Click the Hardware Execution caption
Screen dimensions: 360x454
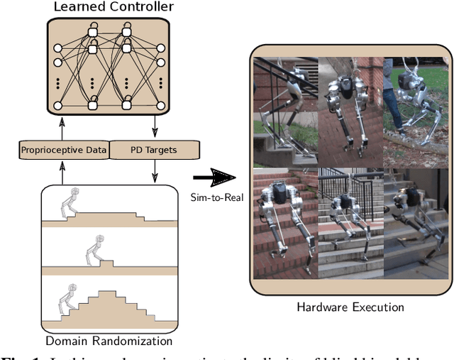pyautogui.click(x=350, y=307)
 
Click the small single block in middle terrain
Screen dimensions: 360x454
pyautogui.click(x=106, y=265)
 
